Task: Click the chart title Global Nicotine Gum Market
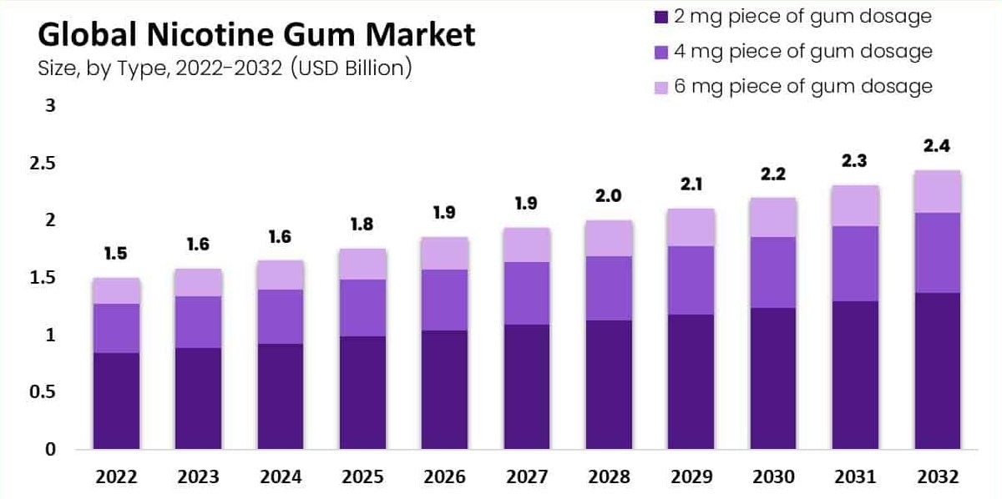256,35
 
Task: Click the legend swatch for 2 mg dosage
660,17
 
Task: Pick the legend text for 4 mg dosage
802,51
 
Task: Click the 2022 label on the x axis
116,477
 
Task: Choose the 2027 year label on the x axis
526,477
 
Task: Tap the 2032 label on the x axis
937,477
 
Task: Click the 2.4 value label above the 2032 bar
937,146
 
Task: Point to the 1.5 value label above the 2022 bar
116,254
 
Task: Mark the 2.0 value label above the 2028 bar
608,196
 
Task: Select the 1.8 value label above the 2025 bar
362,224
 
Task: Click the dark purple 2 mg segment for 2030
772,378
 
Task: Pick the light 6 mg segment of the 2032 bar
937,191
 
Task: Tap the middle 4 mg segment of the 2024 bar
280,316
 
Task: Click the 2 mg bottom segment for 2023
198,398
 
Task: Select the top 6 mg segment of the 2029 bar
691,227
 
